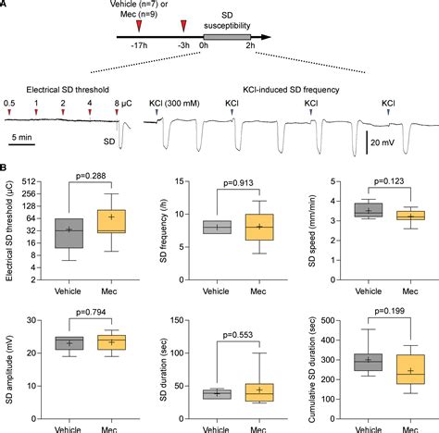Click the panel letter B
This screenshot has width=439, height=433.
[x=5, y=171]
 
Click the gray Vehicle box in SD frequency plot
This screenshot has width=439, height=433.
[x=217, y=227]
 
